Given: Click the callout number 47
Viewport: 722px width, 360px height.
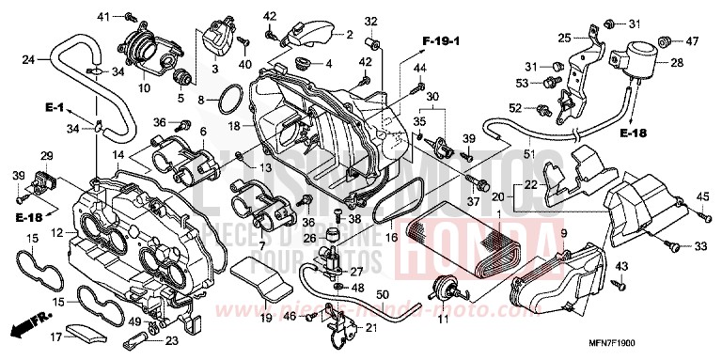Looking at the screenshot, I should (x=692, y=41).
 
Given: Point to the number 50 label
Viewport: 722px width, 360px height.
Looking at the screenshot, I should (x=383, y=293).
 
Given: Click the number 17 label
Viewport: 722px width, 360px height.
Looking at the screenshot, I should (x=55, y=337).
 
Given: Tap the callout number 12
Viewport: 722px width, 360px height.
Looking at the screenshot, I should (x=56, y=232).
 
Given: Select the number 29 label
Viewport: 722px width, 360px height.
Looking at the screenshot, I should (x=46, y=155).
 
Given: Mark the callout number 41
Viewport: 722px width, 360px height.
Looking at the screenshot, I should (x=104, y=16).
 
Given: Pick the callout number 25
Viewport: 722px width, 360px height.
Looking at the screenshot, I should (x=564, y=38).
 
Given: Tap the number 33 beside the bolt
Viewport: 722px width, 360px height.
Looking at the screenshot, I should (x=699, y=247).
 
